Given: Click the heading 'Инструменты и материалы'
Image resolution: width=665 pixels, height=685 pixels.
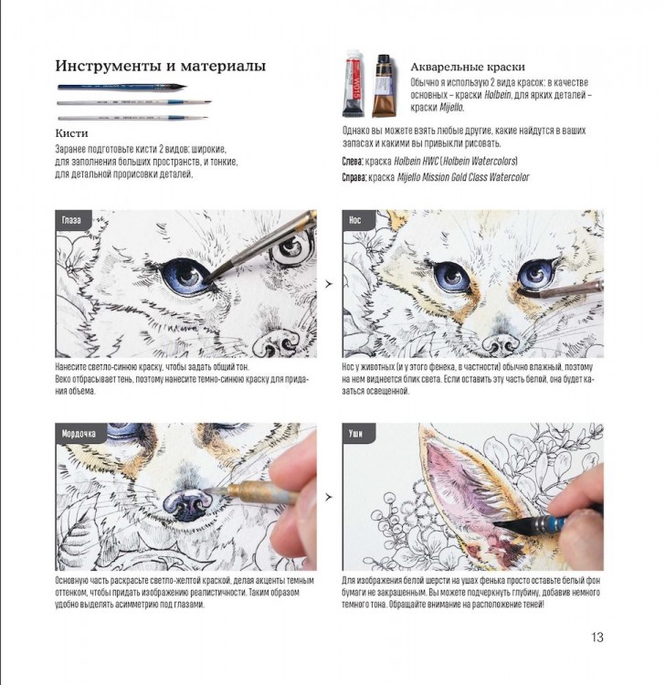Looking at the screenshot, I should (160, 66).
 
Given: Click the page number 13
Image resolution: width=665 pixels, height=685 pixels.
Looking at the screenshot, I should (597, 638).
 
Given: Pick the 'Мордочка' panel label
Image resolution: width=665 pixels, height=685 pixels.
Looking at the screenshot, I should (81, 433).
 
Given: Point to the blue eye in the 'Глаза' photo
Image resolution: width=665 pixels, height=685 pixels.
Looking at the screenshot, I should (183, 273).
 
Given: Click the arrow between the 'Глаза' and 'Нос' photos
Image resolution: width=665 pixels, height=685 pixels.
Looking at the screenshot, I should (328, 284).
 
